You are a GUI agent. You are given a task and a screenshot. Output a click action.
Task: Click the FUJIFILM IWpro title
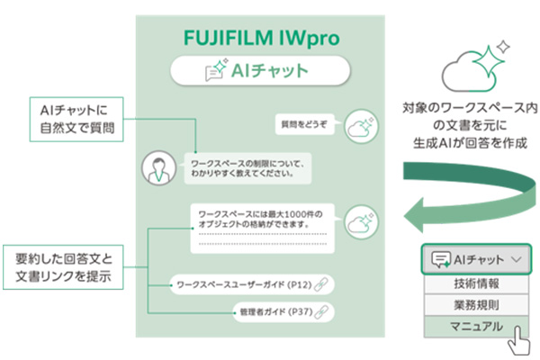(261, 38)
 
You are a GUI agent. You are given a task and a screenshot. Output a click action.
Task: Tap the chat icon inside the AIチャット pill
(216, 69)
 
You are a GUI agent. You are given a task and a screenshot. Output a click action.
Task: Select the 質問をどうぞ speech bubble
(304, 124)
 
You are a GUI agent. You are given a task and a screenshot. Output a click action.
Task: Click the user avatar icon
(158, 167)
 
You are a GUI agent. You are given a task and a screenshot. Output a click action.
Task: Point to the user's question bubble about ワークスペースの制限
(247, 168)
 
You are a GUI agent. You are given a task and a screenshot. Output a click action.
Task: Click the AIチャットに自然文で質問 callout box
(76, 119)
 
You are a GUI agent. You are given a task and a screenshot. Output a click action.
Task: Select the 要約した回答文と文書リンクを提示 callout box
(63, 267)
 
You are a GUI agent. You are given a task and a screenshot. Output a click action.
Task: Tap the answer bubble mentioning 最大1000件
(263, 229)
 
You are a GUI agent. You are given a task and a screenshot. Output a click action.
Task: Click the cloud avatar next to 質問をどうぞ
(361, 126)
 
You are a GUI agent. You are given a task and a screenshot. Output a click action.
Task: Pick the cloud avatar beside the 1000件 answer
(361, 222)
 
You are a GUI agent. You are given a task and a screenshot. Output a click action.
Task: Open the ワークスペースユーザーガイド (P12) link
(252, 284)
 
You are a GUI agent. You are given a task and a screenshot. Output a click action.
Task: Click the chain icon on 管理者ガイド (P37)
(321, 311)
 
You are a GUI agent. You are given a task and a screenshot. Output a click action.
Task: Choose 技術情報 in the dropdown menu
(476, 283)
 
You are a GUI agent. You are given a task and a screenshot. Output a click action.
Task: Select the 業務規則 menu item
(476, 305)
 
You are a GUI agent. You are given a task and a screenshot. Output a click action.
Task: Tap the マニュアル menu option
(476, 326)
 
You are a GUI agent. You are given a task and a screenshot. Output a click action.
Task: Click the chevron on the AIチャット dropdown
(517, 259)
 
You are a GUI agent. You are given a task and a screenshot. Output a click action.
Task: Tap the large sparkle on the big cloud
(488, 61)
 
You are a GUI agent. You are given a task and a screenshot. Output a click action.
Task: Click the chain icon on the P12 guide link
(321, 284)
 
